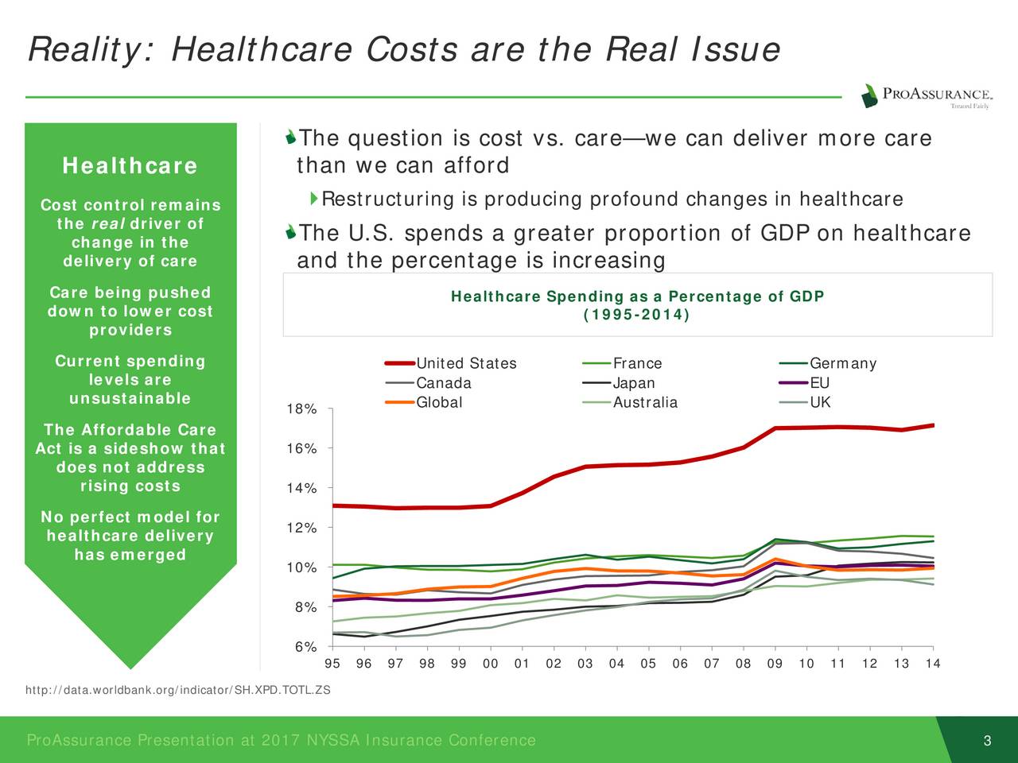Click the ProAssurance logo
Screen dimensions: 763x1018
click(x=925, y=96)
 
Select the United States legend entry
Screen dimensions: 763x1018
click(x=466, y=364)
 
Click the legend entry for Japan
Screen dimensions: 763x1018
click(x=634, y=384)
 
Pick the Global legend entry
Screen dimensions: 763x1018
click(x=439, y=403)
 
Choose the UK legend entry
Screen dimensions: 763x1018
click(x=820, y=403)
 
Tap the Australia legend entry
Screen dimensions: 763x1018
click(x=645, y=403)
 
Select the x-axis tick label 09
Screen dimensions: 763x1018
click(x=775, y=664)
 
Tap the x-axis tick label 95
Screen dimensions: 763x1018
click(x=333, y=664)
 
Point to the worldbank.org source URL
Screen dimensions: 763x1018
click(x=177, y=690)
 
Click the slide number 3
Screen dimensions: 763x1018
click(x=987, y=742)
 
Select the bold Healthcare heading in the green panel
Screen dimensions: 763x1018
click(x=130, y=166)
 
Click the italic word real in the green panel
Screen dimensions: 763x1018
click(x=107, y=224)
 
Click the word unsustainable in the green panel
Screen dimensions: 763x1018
click(x=130, y=399)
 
